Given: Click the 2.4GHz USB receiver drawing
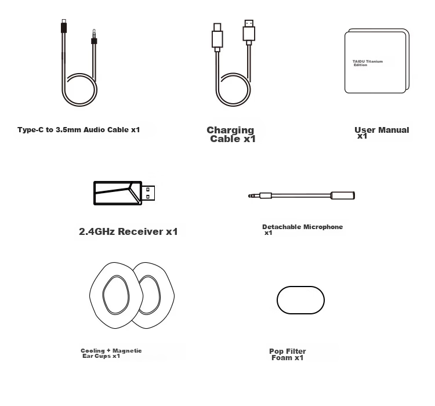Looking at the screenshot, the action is pos(124,193).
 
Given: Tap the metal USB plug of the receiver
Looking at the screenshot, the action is pos(148,193).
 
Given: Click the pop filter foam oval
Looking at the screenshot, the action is pos(300,300).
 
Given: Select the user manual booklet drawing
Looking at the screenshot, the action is pos(377,61).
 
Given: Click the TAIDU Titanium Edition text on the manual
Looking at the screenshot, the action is pos(368,63).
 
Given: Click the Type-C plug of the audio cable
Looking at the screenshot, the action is pos(64,26).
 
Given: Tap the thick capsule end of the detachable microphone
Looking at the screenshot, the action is pos(343,195).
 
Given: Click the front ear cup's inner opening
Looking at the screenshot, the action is pos(116,295).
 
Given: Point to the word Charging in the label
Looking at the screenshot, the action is pos(230,130).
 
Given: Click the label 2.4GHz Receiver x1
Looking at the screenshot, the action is pos(128,231).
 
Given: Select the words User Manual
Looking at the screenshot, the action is pos(382,130).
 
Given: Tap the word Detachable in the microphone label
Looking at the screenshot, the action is pos(281,227).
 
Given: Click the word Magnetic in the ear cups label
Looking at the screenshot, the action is pos(127,351).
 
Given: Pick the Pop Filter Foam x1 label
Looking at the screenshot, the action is pos(288,354).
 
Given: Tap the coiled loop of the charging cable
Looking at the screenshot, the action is pos(233,89).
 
